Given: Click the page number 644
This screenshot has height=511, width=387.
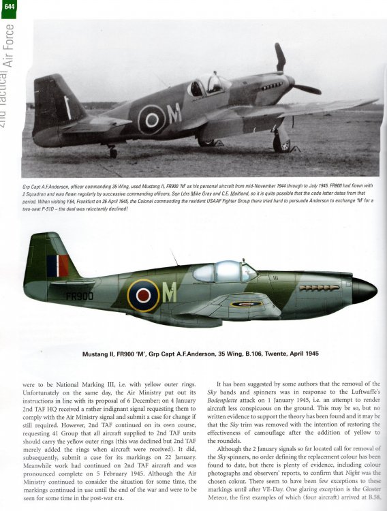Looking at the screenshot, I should pos(7,6).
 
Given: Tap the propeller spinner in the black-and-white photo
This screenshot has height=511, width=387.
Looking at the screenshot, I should pos(292,82).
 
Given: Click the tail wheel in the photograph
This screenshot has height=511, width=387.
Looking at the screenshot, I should pos(112,153).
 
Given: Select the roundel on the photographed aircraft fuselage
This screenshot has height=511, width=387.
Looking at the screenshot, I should pos(151,119).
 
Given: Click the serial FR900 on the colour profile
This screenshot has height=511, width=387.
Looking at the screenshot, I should pos(80,297).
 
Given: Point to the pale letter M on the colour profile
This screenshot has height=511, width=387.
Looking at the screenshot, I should pos(168,292).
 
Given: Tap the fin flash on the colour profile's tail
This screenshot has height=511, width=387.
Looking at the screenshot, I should pos(57,266).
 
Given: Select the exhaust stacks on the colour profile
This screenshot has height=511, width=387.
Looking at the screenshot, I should pos(319,288).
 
